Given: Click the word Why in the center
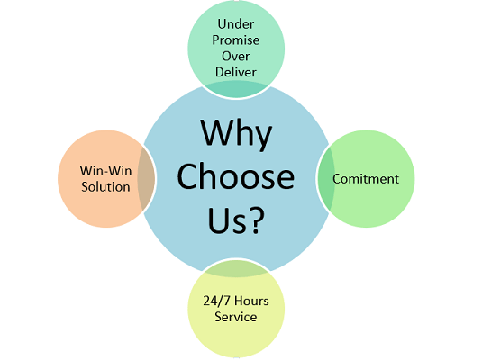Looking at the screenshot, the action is click(x=236, y=134).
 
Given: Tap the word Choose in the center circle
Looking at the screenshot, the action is click(x=236, y=177).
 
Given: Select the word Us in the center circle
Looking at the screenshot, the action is click(x=228, y=220).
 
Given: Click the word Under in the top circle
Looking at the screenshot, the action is click(x=236, y=24).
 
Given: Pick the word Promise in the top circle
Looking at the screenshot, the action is click(x=236, y=40).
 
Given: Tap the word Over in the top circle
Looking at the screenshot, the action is click(x=236, y=56).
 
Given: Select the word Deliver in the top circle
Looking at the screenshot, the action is click(x=236, y=73).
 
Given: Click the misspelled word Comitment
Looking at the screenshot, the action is click(x=366, y=179).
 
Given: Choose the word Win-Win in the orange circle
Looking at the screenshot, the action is click(x=105, y=171).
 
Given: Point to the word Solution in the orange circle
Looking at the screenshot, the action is click(x=105, y=187).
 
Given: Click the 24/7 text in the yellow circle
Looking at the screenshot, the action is click(x=215, y=301).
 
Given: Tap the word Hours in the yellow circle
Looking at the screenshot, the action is click(x=251, y=301).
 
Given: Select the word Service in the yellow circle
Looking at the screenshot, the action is click(x=236, y=317).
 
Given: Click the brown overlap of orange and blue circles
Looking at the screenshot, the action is click(x=146, y=179).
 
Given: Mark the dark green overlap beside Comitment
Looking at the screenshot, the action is click(x=326, y=179).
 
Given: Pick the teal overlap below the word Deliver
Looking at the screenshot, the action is click(x=236, y=89).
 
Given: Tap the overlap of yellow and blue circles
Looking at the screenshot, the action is click(x=236, y=268).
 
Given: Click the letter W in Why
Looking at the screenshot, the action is click(x=216, y=132).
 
